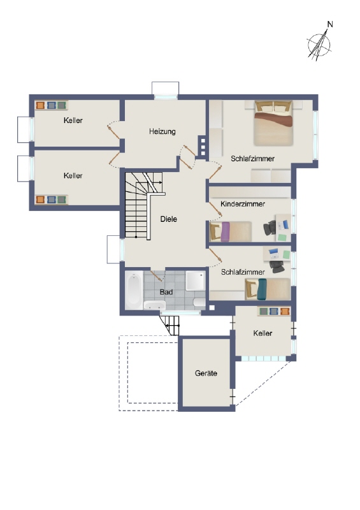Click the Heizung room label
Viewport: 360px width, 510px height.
pos(162,131)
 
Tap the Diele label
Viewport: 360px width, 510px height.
pos(168,219)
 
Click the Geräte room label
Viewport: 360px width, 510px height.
pos(206,374)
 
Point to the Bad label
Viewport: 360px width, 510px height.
pos(166,291)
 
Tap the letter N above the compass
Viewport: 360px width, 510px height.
pos(330,25)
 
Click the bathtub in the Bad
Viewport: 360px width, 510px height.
pos(134,290)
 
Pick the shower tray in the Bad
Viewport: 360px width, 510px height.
pos(195,281)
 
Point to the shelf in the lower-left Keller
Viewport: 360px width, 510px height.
pos(51,200)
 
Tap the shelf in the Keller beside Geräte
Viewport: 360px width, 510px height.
pos(275,312)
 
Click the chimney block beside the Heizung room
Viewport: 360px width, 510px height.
pos(203,145)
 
